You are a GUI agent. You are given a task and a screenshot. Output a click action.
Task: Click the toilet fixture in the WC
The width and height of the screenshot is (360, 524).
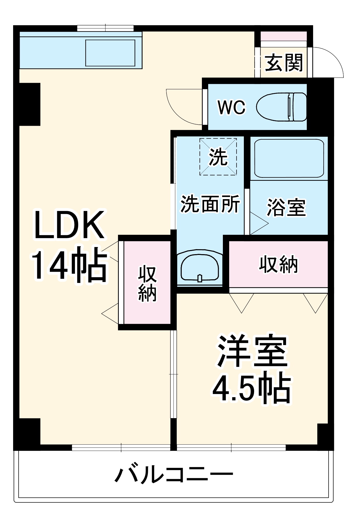(x=282, y=107)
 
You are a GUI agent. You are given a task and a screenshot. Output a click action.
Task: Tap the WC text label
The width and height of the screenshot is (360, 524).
(x=232, y=107)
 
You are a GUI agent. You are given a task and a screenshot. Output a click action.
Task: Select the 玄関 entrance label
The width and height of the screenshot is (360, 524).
(x=284, y=63)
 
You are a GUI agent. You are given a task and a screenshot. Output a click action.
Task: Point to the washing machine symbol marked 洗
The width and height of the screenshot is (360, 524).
(x=218, y=157)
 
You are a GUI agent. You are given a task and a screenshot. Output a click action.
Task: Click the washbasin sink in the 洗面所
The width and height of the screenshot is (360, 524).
(x=200, y=268)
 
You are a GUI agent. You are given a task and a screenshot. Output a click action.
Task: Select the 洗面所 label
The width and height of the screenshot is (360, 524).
(x=210, y=204)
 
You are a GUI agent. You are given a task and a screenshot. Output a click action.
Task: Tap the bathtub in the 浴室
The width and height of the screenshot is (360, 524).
(x=289, y=158)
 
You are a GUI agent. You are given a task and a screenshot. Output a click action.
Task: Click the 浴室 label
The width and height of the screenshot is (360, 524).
(x=286, y=208)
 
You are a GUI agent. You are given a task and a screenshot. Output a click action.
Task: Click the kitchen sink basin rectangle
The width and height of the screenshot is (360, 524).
(x=110, y=53)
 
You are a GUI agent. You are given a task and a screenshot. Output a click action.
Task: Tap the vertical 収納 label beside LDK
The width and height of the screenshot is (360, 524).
(x=147, y=283)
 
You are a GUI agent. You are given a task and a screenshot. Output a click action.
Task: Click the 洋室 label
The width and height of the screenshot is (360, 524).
(x=252, y=351)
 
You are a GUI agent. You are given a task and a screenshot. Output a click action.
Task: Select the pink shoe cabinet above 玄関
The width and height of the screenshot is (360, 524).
(x=284, y=36)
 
